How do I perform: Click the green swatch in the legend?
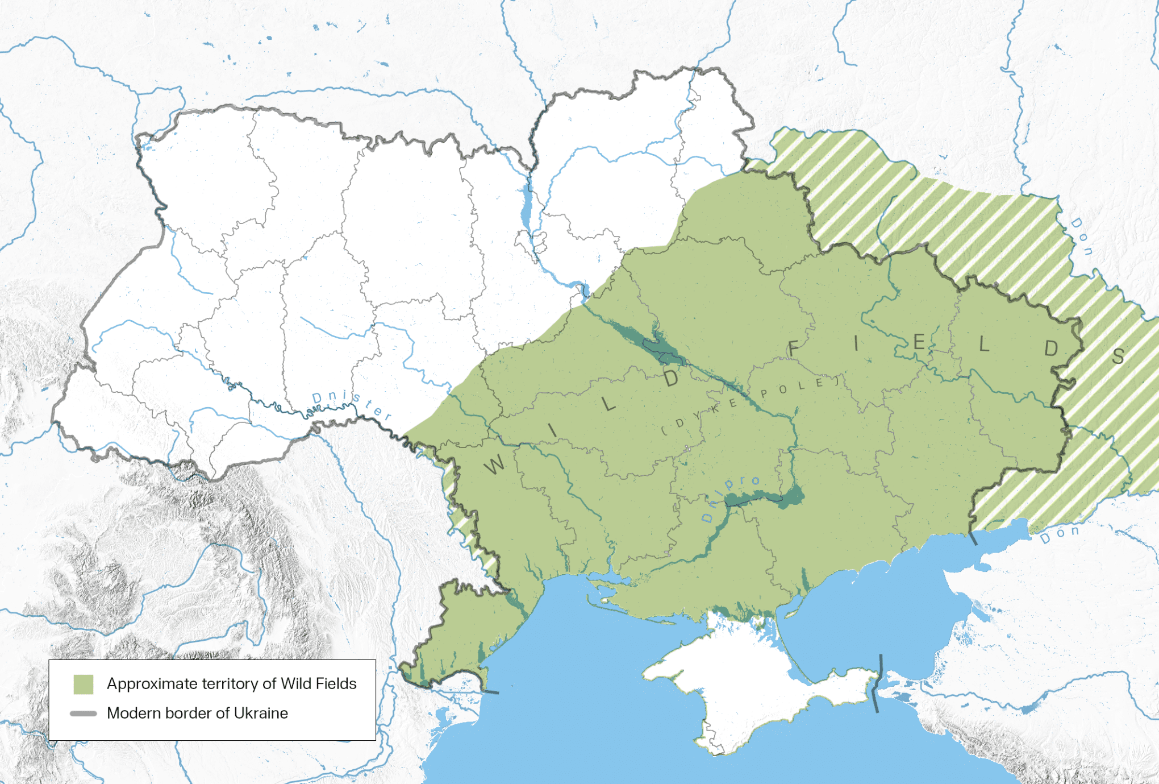click(84, 684)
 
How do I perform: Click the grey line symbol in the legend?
click(84, 714)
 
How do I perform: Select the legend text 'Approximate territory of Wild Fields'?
click(231, 683)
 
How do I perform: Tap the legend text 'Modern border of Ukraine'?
click(197, 713)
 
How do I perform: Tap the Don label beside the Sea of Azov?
click(1060, 534)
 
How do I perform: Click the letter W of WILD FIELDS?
click(494, 465)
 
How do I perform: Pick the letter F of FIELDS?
click(794, 349)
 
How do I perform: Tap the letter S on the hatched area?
click(1118, 356)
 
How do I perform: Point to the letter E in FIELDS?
click(919, 342)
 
